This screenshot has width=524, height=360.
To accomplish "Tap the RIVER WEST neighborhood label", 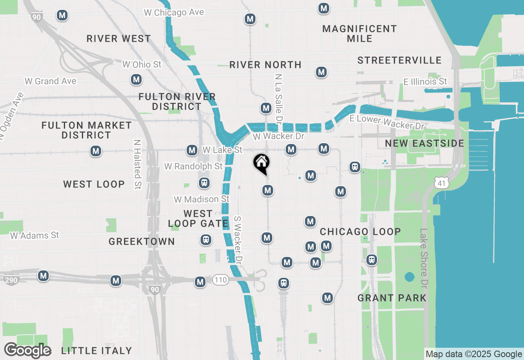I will (x=119, y=39).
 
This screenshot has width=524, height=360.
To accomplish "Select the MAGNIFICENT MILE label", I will (x=359, y=34).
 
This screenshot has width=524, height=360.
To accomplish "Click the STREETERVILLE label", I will (x=400, y=61).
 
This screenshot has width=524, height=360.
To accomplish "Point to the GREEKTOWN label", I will (x=142, y=242).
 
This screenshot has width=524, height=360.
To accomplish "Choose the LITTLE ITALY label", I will (x=97, y=351).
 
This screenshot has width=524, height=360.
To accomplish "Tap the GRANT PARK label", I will (x=392, y=298).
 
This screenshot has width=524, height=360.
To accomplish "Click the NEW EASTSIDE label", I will (x=425, y=143).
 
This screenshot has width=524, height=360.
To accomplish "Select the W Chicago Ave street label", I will (x=174, y=13).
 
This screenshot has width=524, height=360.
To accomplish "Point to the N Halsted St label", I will (x=137, y=164).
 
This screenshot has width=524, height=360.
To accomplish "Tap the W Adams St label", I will (x=35, y=235).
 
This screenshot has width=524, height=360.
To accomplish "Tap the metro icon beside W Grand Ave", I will (x=136, y=79).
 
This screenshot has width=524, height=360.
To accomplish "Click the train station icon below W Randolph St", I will (x=204, y=182).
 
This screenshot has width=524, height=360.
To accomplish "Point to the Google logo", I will (x=28, y=351).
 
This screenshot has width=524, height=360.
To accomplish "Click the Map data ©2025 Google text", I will (x=474, y=354).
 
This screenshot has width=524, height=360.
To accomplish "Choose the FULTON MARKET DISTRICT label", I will (x=87, y=130).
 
